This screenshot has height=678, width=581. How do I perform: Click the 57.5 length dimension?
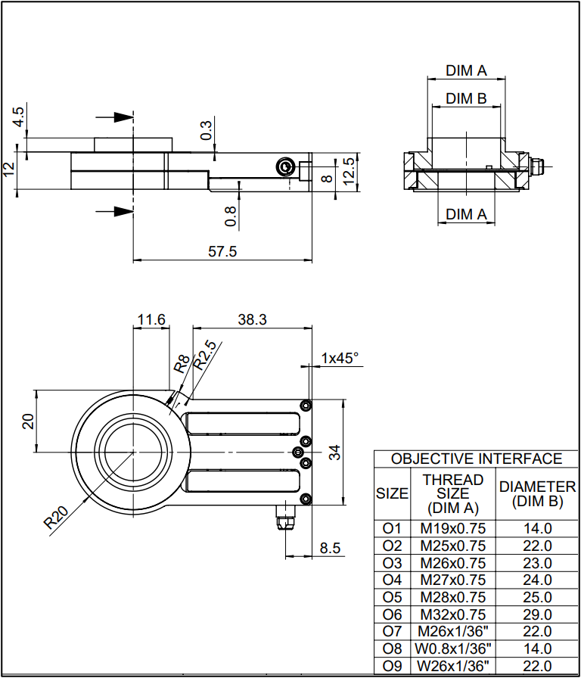click(222, 252)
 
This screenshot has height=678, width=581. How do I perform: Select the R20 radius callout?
click(56, 518)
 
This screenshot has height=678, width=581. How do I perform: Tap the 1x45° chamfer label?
click(340, 358)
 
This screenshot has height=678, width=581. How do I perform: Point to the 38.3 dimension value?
click(253, 319)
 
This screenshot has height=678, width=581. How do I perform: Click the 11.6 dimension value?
click(151, 319)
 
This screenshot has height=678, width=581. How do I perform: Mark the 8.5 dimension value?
click(331, 549)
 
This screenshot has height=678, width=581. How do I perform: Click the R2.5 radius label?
click(204, 355)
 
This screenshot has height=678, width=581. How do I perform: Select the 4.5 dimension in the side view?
click(19, 117)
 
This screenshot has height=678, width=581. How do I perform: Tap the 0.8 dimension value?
click(231, 216)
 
